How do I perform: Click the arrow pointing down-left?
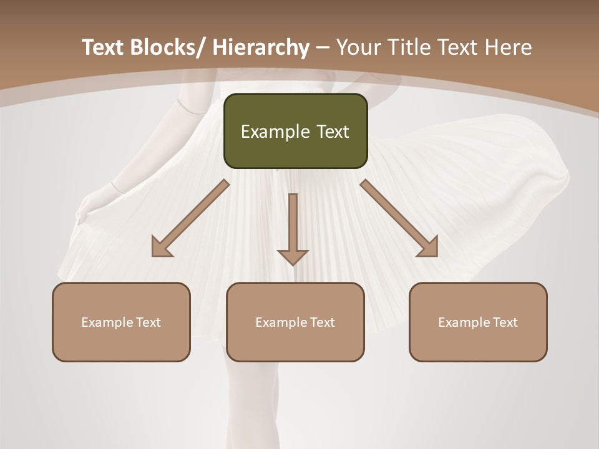pos(190,218)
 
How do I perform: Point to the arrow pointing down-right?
pos(399,218)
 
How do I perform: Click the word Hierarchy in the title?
pos(261,48)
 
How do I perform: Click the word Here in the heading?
pos(507,48)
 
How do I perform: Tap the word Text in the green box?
pos(332,132)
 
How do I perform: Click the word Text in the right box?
pos(505,322)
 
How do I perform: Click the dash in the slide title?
pos(323,48)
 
